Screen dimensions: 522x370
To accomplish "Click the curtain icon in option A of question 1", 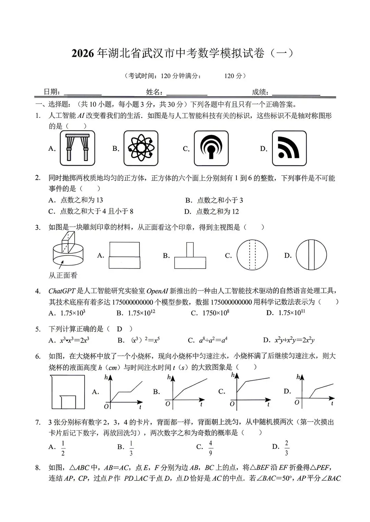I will (77, 148).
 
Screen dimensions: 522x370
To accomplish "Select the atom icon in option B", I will (141, 148).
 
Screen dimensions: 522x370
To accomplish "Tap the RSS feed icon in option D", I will (289, 148).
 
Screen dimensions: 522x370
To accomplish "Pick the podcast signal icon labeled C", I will (211, 148).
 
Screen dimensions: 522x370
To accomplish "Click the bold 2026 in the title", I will (83, 54).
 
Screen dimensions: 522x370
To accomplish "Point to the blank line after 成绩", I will (296, 93).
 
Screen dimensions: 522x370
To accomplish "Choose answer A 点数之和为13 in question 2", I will (76, 200).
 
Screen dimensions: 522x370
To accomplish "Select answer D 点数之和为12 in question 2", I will (211, 211).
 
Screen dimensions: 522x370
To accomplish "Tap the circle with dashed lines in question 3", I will (252, 255).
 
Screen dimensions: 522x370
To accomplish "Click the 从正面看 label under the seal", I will (63, 275).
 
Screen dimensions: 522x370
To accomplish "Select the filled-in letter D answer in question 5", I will (119, 329).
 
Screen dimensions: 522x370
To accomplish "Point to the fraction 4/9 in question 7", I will (211, 448).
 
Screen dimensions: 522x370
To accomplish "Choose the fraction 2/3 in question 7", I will (286, 448).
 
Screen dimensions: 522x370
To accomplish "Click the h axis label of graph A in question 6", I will (106, 378).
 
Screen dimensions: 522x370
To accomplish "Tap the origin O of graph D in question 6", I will (297, 402).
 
